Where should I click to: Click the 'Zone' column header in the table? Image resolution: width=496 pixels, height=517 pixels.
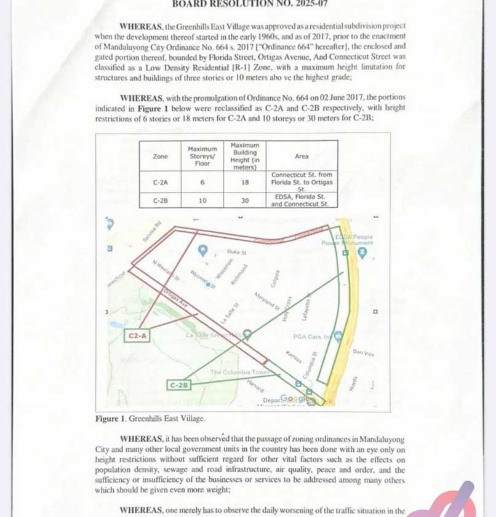tap(159, 157)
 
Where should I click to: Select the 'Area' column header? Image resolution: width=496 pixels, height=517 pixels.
tap(301, 157)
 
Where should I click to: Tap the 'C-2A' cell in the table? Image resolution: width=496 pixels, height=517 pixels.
tap(159, 182)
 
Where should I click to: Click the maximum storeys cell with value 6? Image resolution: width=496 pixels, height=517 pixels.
tap(202, 182)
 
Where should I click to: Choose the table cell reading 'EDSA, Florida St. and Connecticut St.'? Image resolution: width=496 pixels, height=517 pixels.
tap(301, 200)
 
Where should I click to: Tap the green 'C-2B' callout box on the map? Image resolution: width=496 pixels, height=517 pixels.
tap(178, 385)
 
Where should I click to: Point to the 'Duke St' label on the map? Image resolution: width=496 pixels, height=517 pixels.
tap(236, 252)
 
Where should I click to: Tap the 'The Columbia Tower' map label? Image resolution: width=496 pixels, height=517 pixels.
tap(233, 373)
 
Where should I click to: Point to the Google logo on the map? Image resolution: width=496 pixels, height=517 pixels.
tap(294, 399)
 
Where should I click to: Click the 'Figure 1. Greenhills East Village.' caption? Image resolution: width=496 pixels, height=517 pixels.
tap(150, 418)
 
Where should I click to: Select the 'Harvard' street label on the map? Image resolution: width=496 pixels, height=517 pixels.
tap(255, 385)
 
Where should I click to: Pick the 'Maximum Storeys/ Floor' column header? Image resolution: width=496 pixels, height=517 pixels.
tap(202, 157)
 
